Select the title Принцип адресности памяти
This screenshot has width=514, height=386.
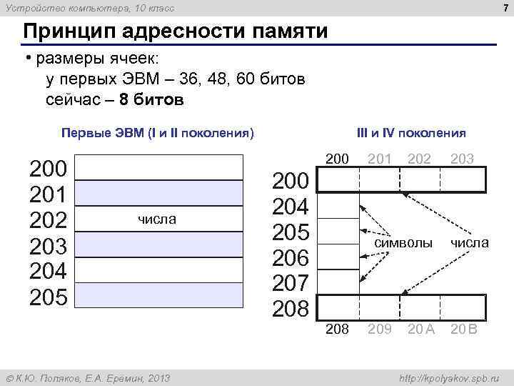tap(176, 32)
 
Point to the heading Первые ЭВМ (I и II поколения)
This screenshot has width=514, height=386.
tap(158, 133)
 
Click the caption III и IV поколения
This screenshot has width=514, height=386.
tap(411, 133)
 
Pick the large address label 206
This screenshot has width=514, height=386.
tap(291, 258)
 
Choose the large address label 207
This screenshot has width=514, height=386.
tap(291, 284)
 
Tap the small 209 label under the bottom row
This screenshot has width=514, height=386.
tap(378, 330)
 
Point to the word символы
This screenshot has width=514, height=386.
tap(404, 243)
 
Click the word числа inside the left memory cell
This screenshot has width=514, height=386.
tap(156, 219)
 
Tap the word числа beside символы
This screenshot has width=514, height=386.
tap(469, 243)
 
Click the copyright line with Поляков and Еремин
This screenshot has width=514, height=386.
tap(88, 377)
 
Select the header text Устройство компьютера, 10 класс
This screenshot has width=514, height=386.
tap(90, 8)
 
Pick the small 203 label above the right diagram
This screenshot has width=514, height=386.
tap(463, 158)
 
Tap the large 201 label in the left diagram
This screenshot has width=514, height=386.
tap(48, 194)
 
